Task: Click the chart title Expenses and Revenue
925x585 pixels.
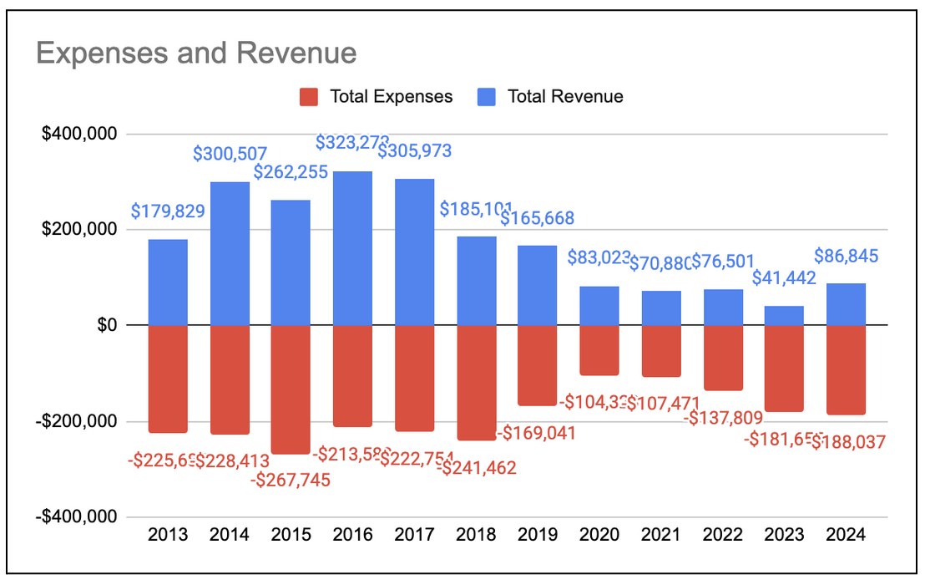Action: [x=196, y=53]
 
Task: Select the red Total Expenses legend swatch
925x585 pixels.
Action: [x=310, y=97]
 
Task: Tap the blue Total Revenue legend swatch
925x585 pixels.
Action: [x=487, y=97]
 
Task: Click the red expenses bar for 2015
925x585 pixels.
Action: [x=291, y=389]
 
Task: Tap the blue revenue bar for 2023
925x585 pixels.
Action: [x=785, y=315]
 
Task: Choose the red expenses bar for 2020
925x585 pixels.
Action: [x=599, y=349]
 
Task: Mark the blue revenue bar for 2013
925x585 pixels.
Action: [x=168, y=282]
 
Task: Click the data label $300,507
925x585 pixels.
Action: [x=230, y=154]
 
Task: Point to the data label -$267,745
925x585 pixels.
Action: [x=291, y=480]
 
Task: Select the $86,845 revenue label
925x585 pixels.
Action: [x=845, y=257]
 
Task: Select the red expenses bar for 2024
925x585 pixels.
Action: [x=847, y=369]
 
